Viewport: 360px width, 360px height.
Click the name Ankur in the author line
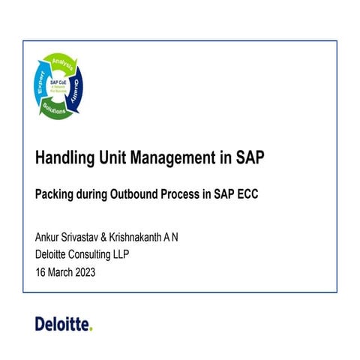click(x=49, y=238)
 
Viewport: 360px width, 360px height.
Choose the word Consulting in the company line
click(x=103, y=255)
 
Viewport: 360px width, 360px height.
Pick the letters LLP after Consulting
click(x=140, y=255)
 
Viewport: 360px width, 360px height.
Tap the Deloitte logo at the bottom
click(x=61, y=323)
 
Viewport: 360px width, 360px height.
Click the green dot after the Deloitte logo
click(x=90, y=328)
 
